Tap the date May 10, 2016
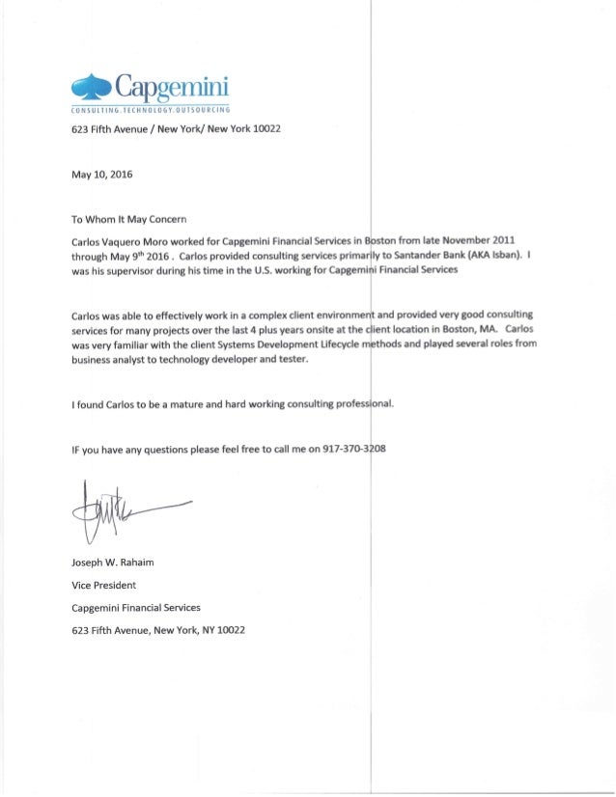pos(103,176)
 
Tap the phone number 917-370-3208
pos(357,450)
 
